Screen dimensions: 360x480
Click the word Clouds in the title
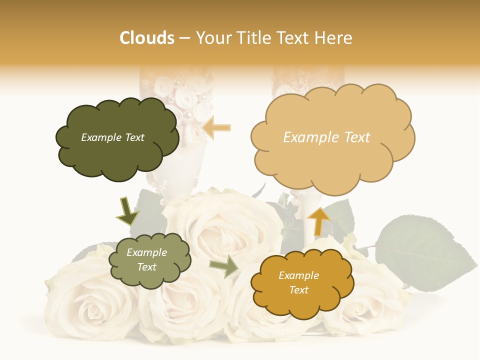click(147, 38)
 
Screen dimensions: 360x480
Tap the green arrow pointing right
click(224, 266)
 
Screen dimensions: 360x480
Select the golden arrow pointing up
click(318, 221)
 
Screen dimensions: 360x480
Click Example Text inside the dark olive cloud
click(112, 137)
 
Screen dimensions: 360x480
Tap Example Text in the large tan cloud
click(326, 137)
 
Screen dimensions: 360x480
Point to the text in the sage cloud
click(147, 260)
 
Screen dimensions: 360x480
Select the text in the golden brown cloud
click(298, 282)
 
